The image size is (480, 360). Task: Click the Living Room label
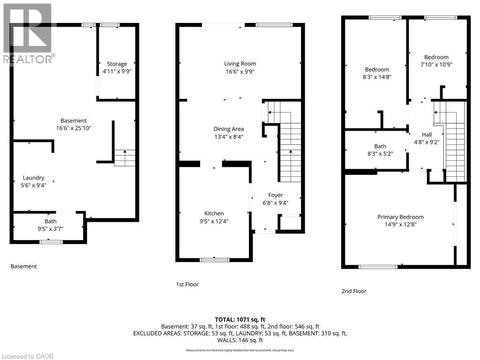240,64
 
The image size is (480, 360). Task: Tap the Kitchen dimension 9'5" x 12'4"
213,221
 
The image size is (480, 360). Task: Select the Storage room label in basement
117,64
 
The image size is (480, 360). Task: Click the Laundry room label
33,178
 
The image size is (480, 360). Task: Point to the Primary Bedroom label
400,217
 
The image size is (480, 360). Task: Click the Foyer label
275,195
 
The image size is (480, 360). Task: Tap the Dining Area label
228,129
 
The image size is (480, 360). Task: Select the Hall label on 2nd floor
427,135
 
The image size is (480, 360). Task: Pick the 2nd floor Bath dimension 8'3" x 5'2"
380,154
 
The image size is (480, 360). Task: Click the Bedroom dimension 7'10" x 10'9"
436,65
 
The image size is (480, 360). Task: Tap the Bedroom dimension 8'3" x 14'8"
377,77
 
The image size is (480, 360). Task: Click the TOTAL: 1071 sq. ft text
240,318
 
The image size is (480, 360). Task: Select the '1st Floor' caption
187,284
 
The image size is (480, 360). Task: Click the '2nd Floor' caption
354,291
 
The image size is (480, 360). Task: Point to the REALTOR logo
28,33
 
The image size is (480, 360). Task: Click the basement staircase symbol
125,157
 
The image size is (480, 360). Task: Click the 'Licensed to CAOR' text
27,356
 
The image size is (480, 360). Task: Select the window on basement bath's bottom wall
51,242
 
